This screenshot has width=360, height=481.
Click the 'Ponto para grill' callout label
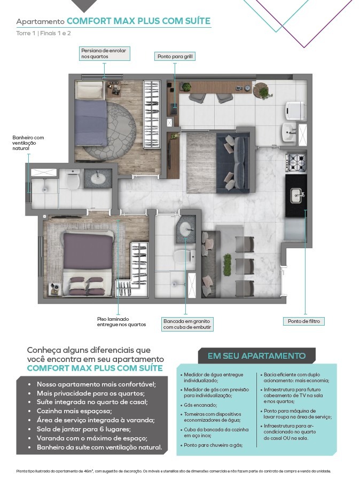175,57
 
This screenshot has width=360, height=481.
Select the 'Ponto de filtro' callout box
303,321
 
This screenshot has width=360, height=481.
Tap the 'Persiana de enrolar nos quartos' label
104,53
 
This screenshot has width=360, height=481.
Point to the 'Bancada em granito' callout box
187,324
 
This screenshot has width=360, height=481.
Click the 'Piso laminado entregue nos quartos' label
122,322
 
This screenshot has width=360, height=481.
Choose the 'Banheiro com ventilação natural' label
28,143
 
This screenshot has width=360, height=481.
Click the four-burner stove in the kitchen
296,163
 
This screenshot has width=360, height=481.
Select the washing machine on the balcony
295,111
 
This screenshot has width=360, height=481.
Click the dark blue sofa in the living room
233,163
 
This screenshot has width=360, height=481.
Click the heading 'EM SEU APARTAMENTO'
256,356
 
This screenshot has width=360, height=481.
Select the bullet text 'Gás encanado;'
200,405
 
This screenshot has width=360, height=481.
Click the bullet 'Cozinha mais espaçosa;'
74,411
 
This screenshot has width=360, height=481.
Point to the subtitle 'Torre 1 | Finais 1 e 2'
43,33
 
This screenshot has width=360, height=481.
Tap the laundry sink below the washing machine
289,132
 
